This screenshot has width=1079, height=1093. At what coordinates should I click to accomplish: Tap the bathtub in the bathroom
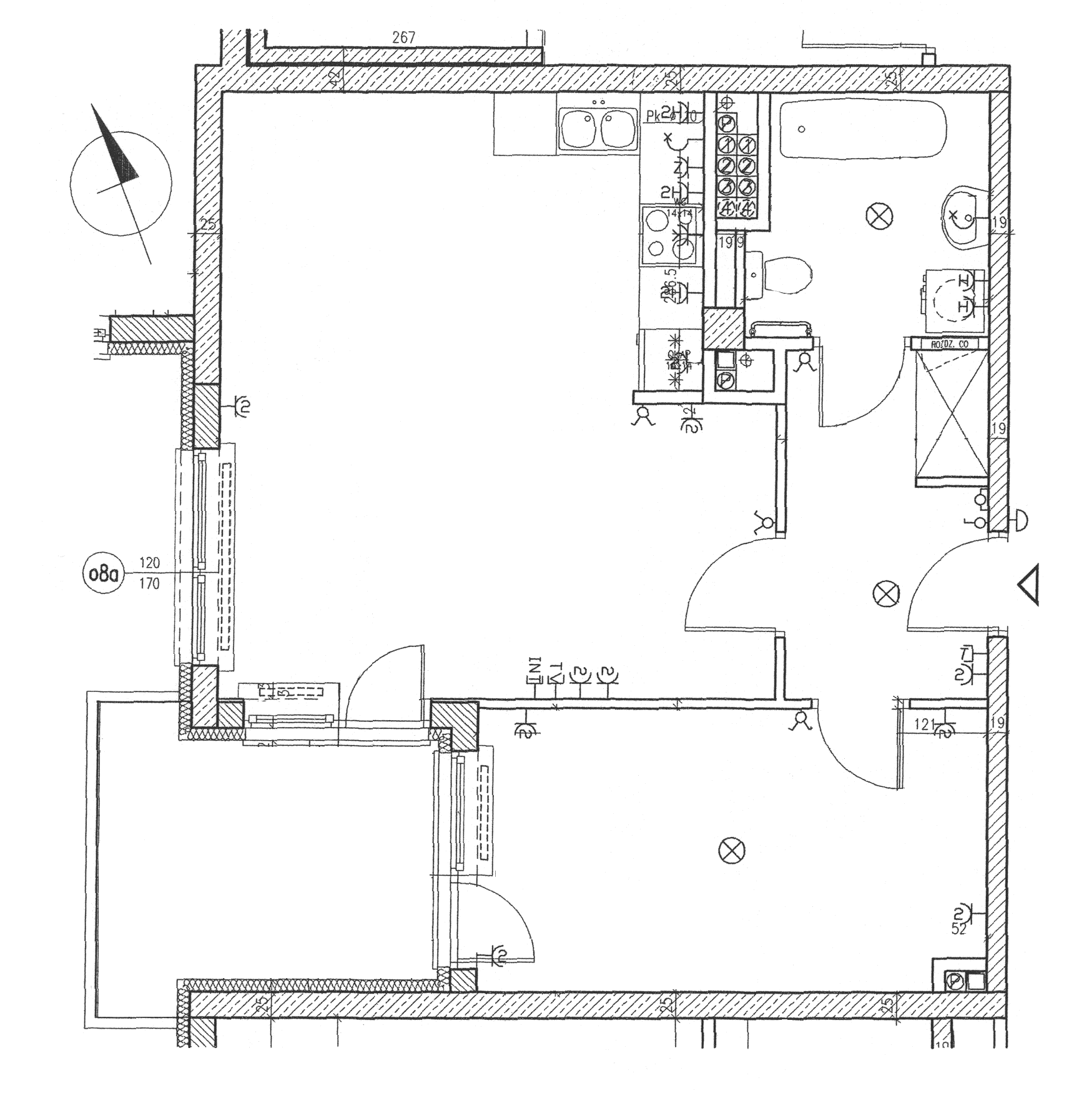(863, 129)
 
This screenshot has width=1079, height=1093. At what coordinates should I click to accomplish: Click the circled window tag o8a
(104, 573)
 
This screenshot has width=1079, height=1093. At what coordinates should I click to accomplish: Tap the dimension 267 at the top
(403, 37)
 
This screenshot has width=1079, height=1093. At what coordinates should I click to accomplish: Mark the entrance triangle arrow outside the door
(1029, 585)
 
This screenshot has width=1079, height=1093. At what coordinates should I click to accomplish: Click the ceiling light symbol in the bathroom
(879, 217)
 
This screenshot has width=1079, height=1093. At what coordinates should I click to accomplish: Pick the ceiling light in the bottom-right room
(732, 850)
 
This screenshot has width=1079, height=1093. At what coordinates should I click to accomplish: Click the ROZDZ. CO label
(949, 344)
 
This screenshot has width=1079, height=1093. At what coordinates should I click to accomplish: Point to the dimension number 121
(924, 725)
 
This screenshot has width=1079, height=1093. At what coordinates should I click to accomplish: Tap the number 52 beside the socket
(958, 946)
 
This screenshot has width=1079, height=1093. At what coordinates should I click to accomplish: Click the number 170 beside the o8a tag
(149, 585)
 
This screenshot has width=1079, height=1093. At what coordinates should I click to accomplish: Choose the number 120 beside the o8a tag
(149, 563)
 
